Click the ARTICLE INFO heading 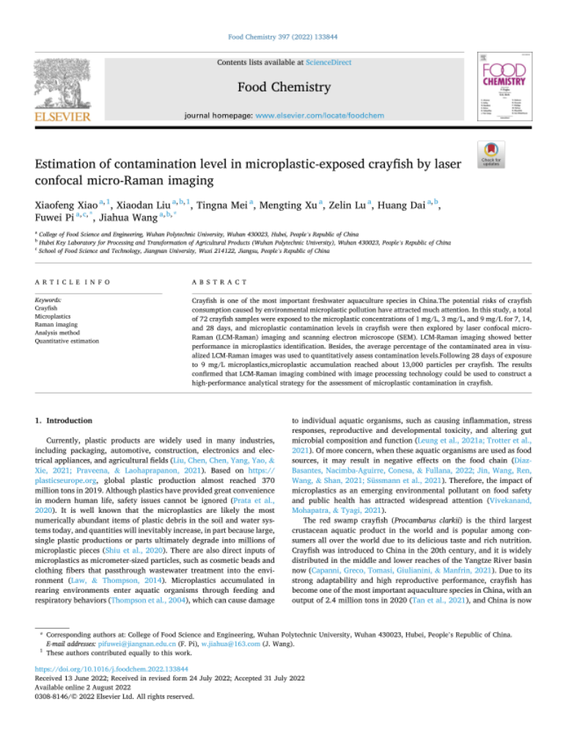pyautogui.click(x=69, y=282)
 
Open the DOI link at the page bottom pyautogui.click(x=101, y=689)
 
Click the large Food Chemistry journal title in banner pyautogui.click(x=282, y=88)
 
